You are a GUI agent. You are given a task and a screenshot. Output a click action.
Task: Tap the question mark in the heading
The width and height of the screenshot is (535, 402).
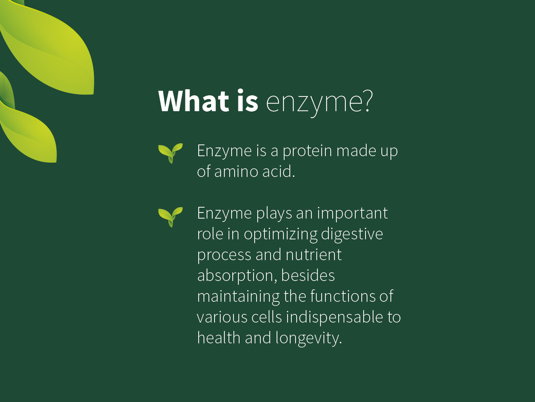(x=367, y=100)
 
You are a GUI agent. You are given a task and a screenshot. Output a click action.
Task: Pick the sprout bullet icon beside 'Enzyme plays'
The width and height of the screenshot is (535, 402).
(x=170, y=217)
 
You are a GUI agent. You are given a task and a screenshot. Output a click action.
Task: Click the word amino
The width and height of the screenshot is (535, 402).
(x=236, y=172)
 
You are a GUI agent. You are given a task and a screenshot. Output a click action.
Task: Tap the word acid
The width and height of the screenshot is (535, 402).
(x=278, y=171)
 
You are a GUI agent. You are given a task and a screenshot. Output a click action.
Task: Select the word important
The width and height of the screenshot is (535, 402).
(x=353, y=213)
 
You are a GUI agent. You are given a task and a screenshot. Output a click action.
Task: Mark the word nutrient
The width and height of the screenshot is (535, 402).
(x=313, y=255)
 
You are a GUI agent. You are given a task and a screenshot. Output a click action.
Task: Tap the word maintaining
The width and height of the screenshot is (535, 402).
(x=238, y=297)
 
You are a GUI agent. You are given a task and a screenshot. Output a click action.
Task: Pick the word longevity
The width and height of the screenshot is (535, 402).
(x=309, y=338)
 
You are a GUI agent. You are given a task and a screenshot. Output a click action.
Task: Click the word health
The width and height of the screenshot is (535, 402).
(x=219, y=338)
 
